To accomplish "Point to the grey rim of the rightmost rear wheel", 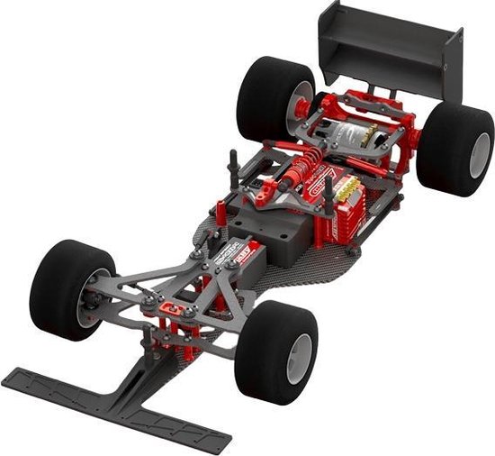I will coord(481,153).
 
